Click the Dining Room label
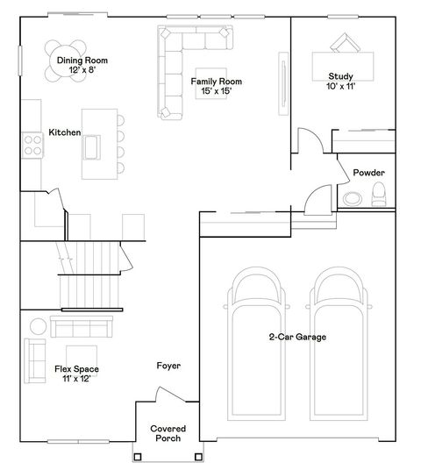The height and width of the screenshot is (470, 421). click(x=82, y=64)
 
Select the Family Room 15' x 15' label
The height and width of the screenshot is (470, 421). click(x=216, y=86)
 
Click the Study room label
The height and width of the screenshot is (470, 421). click(x=340, y=82)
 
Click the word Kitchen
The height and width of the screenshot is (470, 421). click(x=64, y=132)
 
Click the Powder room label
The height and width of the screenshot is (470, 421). click(x=368, y=173)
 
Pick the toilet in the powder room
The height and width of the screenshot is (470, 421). click(x=378, y=197)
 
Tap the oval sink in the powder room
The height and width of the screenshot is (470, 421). click(x=352, y=197)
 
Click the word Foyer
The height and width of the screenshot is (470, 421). click(x=168, y=366)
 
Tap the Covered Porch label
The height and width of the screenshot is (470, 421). click(x=168, y=433)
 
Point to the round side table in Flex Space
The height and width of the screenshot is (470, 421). click(x=39, y=327)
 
